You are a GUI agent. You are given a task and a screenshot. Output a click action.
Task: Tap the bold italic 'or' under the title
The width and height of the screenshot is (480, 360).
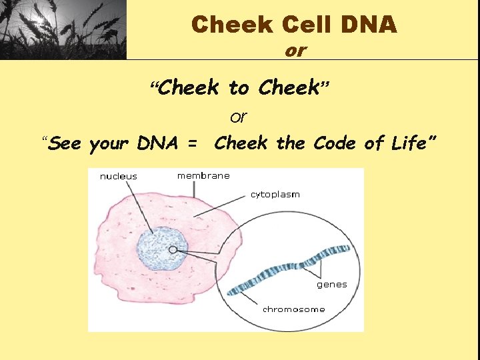[x=295, y=51]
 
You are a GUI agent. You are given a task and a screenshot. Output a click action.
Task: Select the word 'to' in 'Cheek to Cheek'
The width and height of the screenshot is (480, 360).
[x=239, y=87]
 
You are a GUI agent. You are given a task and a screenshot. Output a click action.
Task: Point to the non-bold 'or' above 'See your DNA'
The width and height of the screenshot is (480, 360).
[x=238, y=117]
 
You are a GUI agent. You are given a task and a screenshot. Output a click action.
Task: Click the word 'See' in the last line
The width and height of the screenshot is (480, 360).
[x=66, y=143]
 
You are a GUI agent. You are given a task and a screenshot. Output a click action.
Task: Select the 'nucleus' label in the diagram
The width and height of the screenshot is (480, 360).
[x=119, y=177]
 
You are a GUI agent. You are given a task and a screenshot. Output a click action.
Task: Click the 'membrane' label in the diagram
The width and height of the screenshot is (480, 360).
[x=203, y=175]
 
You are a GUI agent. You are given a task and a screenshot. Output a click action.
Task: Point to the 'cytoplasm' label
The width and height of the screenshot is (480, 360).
[x=275, y=195]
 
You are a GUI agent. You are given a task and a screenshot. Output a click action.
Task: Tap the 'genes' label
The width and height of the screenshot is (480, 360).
[x=332, y=285]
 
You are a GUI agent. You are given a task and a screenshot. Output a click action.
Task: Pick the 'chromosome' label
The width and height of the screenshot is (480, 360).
[x=294, y=309]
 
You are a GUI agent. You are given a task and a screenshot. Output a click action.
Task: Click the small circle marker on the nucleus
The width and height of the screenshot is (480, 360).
[x=173, y=250]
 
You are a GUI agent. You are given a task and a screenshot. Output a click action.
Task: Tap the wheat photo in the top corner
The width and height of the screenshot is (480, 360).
[x=63, y=30]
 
